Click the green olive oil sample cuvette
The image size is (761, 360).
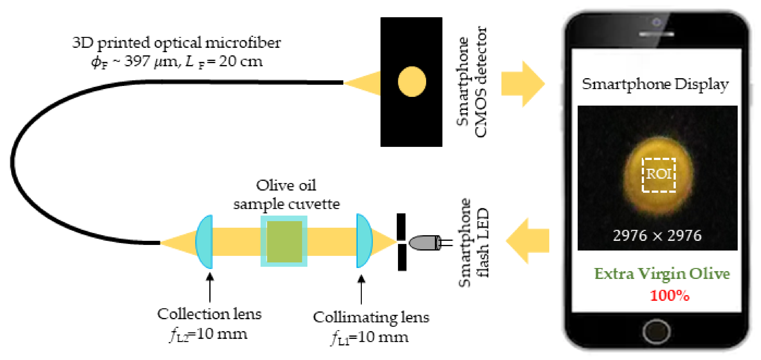284,241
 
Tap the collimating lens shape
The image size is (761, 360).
363,241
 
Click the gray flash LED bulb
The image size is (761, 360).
424,243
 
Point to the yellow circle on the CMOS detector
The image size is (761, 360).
412,82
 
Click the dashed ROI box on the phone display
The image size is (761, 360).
659,175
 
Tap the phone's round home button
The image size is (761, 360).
656,331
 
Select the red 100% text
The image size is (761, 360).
669,295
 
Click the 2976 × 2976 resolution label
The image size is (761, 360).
657,235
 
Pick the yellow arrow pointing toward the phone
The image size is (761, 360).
523,84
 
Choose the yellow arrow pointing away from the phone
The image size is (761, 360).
527,241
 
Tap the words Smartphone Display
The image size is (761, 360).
655,84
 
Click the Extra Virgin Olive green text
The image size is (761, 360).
662,274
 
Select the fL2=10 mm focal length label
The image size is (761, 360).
208,335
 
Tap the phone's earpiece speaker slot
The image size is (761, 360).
656,34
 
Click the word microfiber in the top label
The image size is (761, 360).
243,42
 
